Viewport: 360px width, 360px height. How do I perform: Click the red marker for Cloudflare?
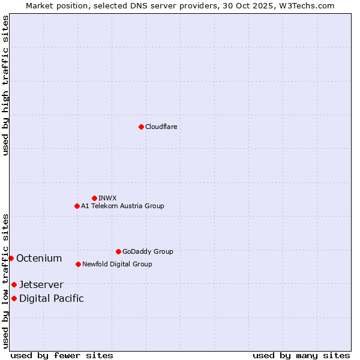click(x=141, y=127)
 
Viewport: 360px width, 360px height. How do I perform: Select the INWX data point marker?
click(x=94, y=198)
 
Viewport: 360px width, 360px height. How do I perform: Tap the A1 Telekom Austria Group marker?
click(x=77, y=206)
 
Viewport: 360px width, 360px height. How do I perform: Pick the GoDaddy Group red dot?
click(x=118, y=251)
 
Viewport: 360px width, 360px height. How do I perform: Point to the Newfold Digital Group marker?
click(x=78, y=264)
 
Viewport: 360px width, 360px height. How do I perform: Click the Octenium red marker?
click(x=11, y=258)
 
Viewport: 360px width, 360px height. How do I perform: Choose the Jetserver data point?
click(x=14, y=284)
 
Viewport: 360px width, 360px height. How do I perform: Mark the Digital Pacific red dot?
click(x=14, y=298)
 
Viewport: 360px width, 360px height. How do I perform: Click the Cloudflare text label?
click(x=161, y=127)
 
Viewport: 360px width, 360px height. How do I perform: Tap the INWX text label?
click(x=107, y=198)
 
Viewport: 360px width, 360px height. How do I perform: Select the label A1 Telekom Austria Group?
click(x=122, y=206)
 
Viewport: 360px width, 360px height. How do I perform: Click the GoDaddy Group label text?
click(x=148, y=251)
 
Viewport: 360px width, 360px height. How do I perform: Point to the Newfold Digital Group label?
click(x=117, y=264)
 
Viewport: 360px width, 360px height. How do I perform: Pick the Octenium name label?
click(x=39, y=258)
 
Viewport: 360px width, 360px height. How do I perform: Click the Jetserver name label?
click(x=41, y=284)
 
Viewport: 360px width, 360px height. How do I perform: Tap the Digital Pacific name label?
click(x=52, y=298)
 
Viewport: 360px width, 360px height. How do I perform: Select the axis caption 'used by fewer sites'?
click(x=62, y=355)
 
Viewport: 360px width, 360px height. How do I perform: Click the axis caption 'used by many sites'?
click(x=301, y=355)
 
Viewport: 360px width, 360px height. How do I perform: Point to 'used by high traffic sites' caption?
click(x=5, y=85)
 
